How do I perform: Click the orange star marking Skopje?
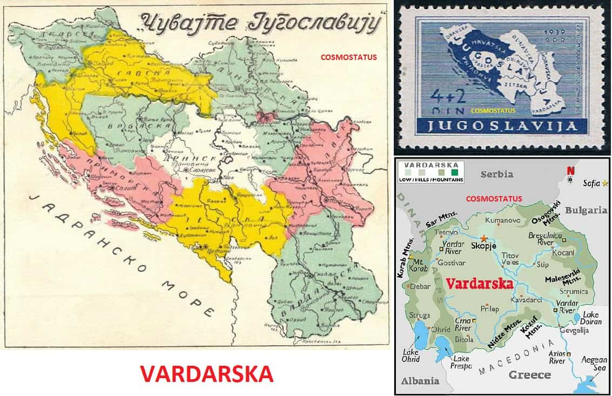[485, 238]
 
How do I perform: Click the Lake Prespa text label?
[461, 361]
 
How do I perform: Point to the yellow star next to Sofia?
[605, 184]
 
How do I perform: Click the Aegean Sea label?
[594, 364]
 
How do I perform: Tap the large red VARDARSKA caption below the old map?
[206, 373]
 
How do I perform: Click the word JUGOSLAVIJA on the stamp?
[500, 127]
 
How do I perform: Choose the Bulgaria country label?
[586, 210]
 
